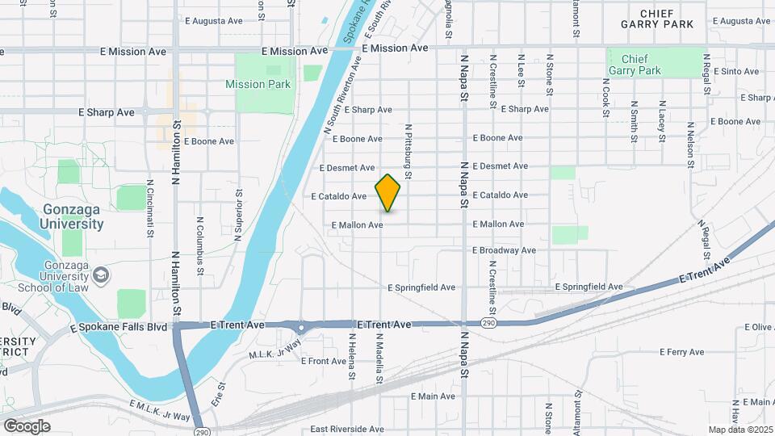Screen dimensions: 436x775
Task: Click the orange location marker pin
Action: [x=388, y=192]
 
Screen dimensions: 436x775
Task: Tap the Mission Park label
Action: [x=258, y=84]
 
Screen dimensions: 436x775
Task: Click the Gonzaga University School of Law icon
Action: [x=101, y=277]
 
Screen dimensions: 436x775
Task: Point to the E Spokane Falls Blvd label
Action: [x=119, y=328]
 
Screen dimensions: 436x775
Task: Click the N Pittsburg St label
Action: [x=408, y=152]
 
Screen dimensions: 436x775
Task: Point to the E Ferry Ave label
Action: [x=682, y=352]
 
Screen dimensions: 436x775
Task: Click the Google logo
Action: [x=27, y=426]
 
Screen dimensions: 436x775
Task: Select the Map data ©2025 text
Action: [x=739, y=430]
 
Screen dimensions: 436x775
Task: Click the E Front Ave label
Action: [x=323, y=361]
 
